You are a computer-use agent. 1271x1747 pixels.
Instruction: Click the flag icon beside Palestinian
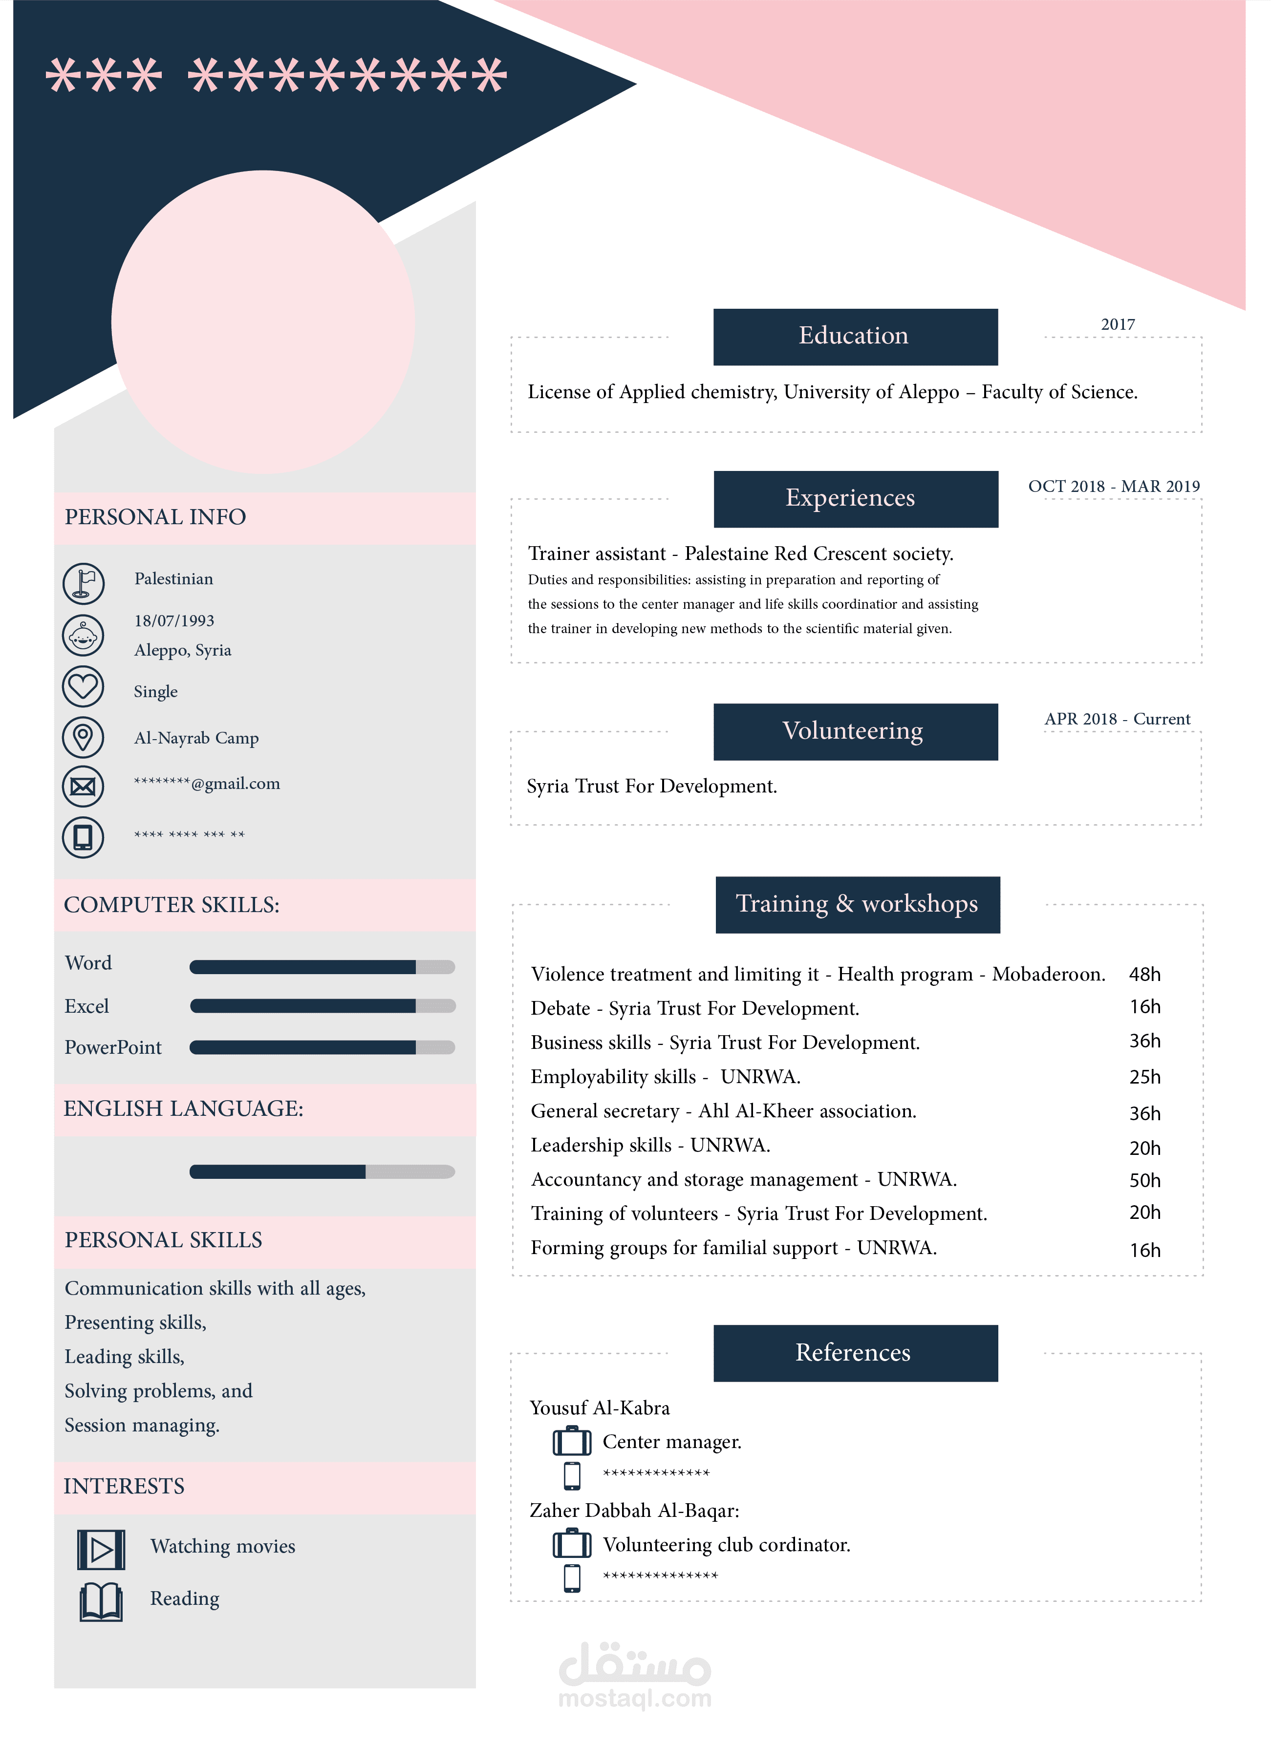[x=83, y=583]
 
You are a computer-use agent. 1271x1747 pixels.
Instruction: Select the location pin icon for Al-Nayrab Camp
[x=83, y=737]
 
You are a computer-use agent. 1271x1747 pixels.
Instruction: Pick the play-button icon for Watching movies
[x=101, y=1549]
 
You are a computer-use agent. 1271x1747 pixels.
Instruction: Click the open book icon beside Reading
[x=101, y=1601]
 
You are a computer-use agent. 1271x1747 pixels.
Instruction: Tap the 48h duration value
[x=1144, y=975]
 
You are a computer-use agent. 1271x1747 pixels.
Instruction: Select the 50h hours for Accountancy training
[x=1144, y=1180]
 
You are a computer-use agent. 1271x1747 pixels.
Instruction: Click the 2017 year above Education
[x=1118, y=324]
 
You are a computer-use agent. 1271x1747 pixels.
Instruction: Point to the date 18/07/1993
[x=174, y=621]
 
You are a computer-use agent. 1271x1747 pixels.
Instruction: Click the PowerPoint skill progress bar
[x=322, y=1047]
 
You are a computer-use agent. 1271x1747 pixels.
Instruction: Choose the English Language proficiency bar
[x=322, y=1172]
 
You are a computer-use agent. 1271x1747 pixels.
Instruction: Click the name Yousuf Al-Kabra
[x=599, y=1408]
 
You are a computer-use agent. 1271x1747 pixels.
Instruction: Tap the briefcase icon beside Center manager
[x=572, y=1441]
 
